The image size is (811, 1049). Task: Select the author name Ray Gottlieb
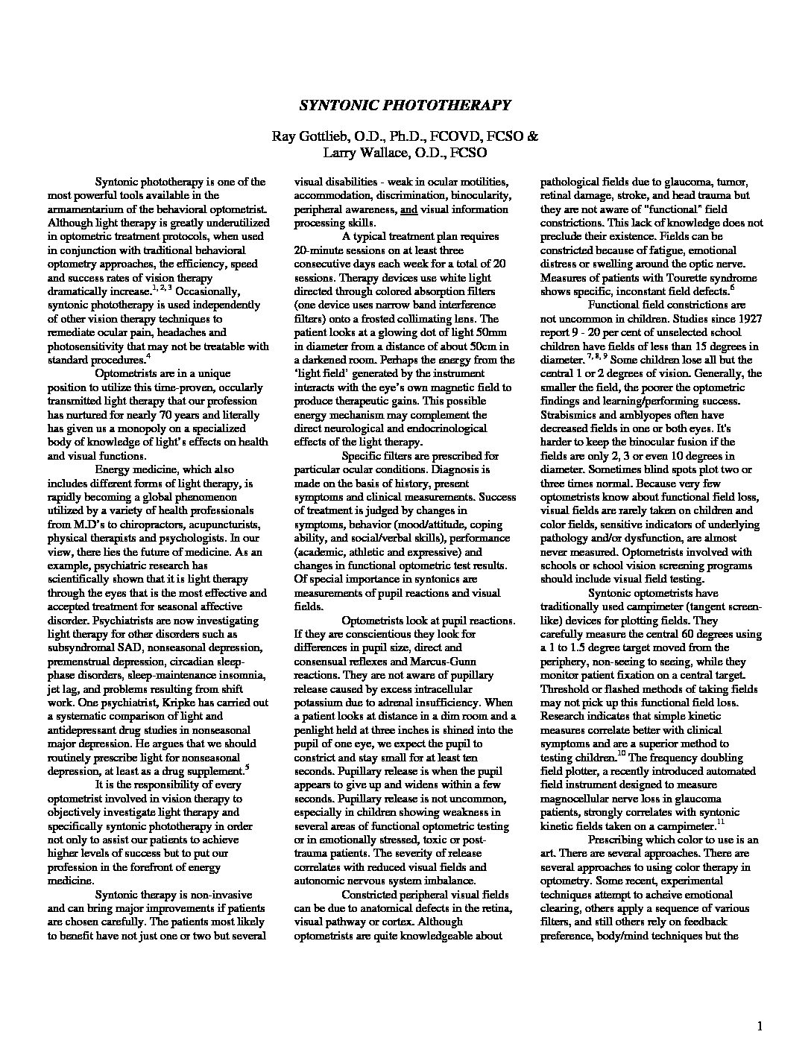click(309, 136)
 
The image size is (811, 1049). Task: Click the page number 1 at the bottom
click(760, 1027)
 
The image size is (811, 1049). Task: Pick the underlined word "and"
click(408, 209)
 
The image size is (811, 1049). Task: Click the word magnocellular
click(577, 799)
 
